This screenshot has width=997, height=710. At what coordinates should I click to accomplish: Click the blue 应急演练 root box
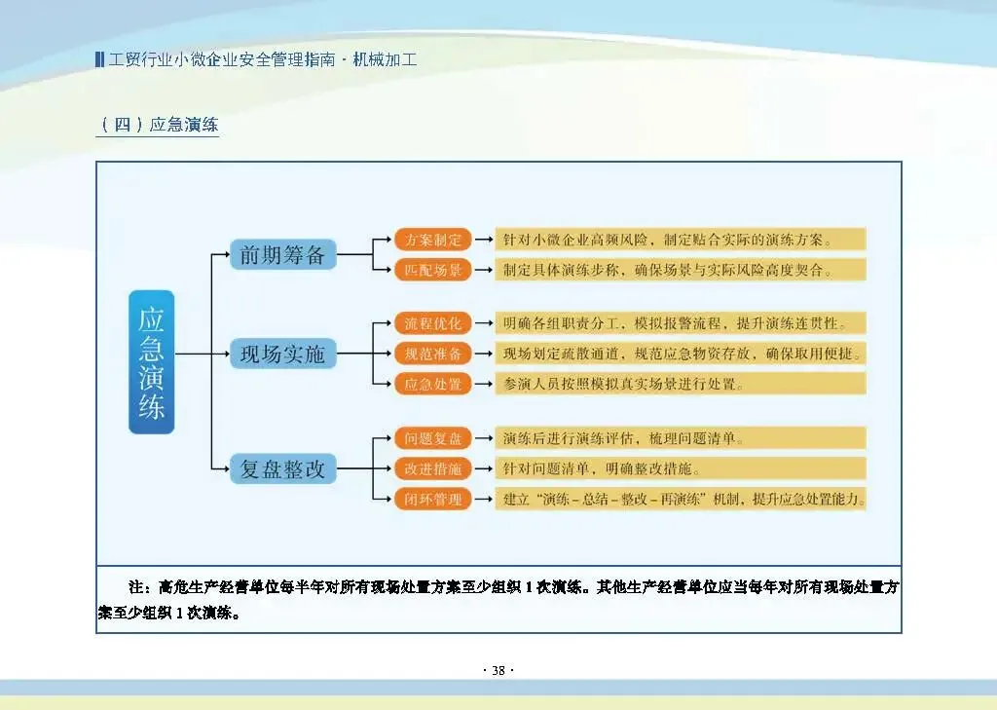click(x=151, y=361)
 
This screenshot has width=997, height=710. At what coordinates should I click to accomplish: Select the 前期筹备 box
click(x=282, y=255)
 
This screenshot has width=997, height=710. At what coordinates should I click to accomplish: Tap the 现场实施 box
click(x=282, y=355)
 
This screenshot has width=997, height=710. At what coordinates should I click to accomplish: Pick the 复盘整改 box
click(x=282, y=469)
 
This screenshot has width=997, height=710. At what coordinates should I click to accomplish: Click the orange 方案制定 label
click(x=433, y=240)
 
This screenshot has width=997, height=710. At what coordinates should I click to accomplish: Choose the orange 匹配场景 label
click(x=433, y=270)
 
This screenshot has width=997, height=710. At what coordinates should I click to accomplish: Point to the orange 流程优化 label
click(x=433, y=323)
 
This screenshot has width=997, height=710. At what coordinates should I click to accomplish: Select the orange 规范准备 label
click(x=433, y=353)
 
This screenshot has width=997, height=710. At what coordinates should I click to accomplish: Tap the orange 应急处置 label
click(x=433, y=384)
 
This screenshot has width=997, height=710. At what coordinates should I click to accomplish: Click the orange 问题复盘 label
click(x=433, y=438)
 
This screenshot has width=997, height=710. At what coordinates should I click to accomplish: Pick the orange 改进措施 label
click(x=433, y=468)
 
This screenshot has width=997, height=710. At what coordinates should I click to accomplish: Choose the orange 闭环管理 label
click(x=433, y=500)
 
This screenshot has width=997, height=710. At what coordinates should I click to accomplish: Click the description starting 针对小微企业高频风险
click(x=681, y=240)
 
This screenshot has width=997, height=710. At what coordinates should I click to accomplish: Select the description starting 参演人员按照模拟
click(x=681, y=384)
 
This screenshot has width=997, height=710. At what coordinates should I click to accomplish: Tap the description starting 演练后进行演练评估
click(x=681, y=438)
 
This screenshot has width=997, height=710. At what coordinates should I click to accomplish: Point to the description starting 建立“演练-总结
click(x=681, y=500)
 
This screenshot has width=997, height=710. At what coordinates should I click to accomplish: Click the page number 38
click(x=498, y=670)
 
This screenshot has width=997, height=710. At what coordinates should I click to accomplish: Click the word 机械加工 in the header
click(x=385, y=59)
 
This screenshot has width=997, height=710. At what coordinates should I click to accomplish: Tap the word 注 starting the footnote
click(x=136, y=587)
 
